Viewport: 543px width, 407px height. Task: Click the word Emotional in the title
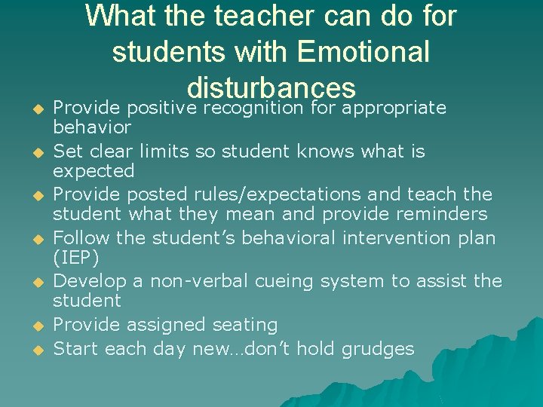click(x=364, y=51)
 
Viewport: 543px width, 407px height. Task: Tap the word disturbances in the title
click(x=271, y=87)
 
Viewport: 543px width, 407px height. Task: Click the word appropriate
click(x=394, y=108)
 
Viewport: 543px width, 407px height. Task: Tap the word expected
click(x=94, y=171)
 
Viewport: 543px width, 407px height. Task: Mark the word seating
click(x=244, y=326)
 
